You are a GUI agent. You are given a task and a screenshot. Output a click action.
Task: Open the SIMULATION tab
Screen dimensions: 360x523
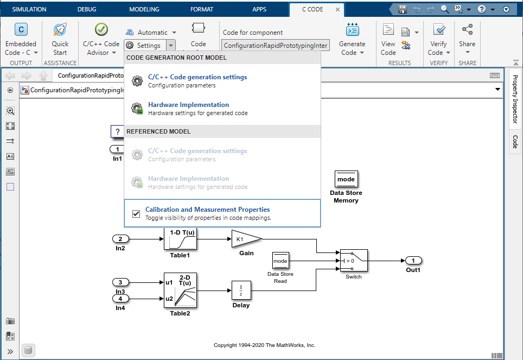coord(29,9)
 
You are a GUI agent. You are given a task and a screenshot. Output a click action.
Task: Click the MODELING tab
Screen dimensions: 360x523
coord(144,9)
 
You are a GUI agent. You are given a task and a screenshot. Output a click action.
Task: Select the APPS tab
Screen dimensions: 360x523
coord(259,9)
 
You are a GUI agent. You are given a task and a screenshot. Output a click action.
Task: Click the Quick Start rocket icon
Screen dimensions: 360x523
coord(60,30)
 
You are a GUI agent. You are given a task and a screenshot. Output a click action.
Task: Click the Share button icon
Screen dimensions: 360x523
coord(467,30)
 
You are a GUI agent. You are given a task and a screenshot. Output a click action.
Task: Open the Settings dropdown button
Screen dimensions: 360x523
coord(171,46)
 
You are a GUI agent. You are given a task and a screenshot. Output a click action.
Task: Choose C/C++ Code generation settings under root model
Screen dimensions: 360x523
coord(197,77)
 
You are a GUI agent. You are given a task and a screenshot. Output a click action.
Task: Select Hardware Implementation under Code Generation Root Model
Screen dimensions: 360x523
coord(188,105)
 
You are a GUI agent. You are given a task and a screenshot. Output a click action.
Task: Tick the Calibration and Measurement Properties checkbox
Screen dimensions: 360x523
coord(136,214)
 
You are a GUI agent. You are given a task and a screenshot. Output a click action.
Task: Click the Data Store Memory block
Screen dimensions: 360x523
coord(346,179)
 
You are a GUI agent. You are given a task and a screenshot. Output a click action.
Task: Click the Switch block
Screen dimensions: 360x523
coord(354,261)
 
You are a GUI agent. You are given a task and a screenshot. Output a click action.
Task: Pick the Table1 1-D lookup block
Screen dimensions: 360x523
coord(180,239)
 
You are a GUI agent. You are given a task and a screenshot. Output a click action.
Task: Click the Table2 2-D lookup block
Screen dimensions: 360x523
coord(180,290)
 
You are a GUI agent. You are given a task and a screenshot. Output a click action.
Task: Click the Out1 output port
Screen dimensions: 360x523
coord(413,261)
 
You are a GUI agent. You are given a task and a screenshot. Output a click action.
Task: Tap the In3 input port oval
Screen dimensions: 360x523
coord(120,282)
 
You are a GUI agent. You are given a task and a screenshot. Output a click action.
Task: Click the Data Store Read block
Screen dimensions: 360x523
coord(280,261)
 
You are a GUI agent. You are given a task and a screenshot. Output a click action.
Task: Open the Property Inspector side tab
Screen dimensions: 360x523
coord(515,98)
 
